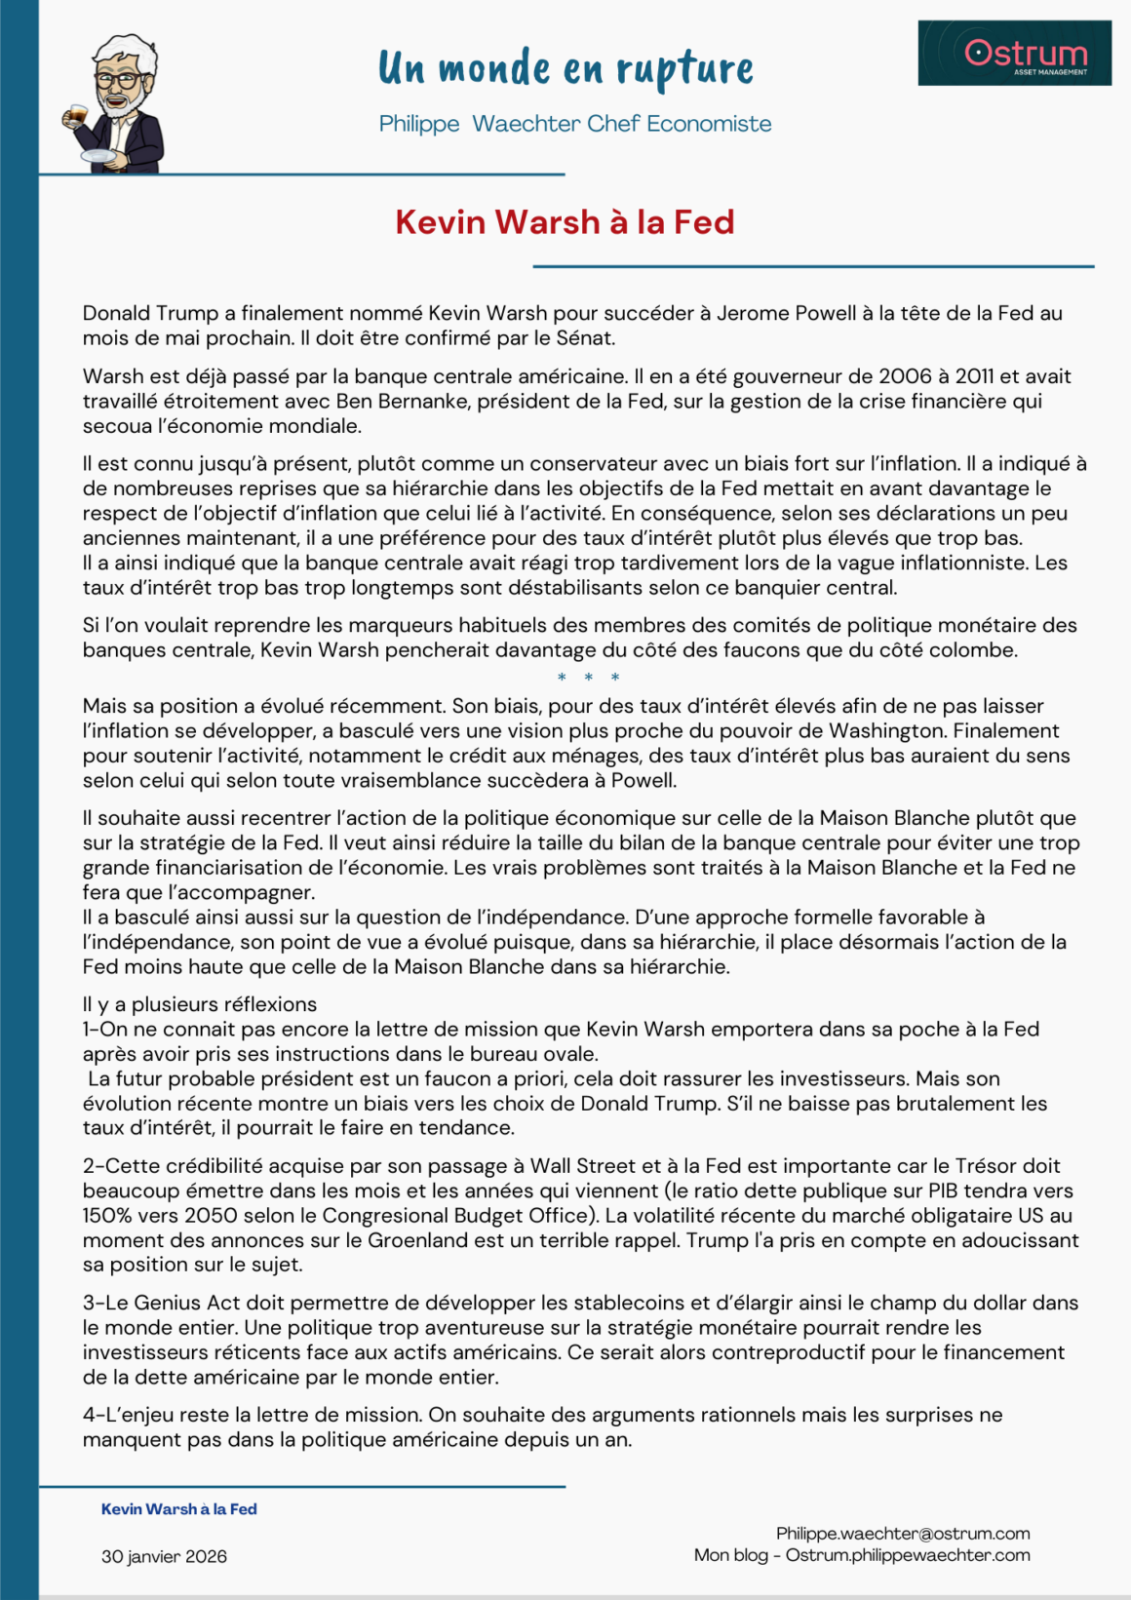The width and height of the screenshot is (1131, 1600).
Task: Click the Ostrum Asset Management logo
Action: coord(1014,53)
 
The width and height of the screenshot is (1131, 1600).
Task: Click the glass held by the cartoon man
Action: coord(75,117)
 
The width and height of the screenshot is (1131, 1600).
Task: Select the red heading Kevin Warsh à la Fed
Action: coord(565,222)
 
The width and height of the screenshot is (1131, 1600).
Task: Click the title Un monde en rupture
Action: coord(565,68)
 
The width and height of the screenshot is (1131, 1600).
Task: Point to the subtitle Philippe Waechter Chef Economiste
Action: coord(575,124)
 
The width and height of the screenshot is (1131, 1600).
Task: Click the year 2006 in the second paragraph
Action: coord(905,376)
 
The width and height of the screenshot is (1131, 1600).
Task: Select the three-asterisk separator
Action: coord(588,678)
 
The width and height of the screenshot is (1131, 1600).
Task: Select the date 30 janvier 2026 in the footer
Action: coord(164,1556)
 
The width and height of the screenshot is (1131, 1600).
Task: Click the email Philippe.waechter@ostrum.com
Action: coord(903,1534)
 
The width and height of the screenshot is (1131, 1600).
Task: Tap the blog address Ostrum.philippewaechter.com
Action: coord(908,1555)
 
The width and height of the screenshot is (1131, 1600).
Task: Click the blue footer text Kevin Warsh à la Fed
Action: coord(179,1509)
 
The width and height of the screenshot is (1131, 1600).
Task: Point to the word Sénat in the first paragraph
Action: coord(585,338)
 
